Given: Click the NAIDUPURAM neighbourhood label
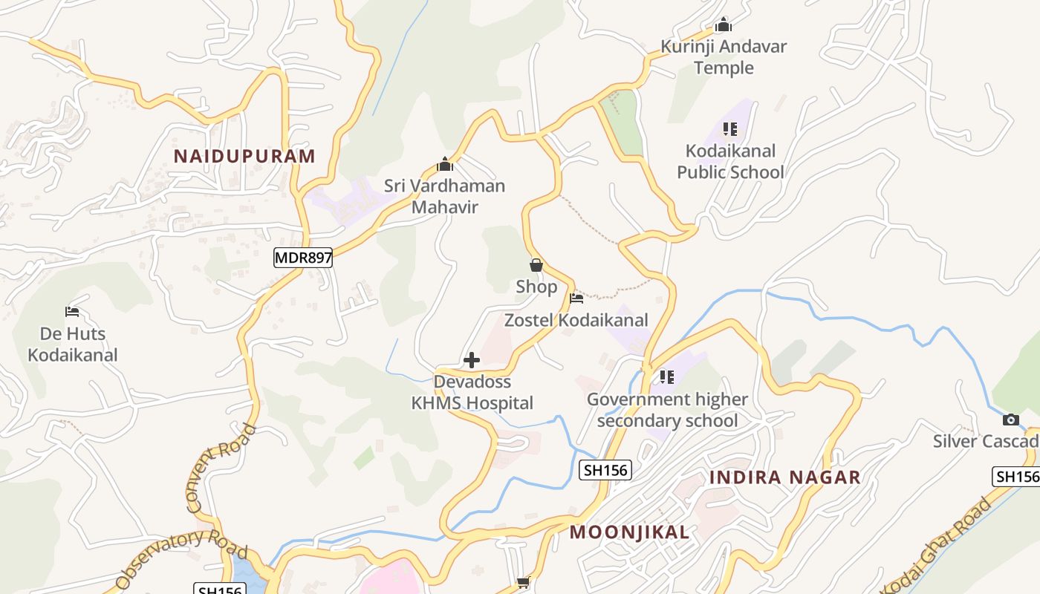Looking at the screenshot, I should coord(244,156).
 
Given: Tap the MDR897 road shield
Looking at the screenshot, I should coord(302,258).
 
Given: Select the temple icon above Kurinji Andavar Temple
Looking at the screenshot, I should coord(724,25).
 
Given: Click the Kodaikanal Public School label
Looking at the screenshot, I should coord(730,162).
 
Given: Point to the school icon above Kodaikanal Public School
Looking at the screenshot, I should coord(730,129).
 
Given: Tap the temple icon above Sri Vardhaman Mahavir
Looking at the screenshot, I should coord(445,164).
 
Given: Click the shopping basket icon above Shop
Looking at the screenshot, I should coord(536,265).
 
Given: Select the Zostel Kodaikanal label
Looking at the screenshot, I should coord(576,320).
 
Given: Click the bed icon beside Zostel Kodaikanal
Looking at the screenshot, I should coord(576,298).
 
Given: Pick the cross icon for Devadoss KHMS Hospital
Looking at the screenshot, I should coord(471,361).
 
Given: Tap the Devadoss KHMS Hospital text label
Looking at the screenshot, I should coord(472,393).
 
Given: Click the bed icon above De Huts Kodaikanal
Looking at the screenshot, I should coord(72,312).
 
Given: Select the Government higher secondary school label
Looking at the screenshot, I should coord(667,410).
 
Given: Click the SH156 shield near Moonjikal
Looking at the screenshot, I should coord(605,469).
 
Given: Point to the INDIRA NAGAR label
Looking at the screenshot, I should coord(784,477).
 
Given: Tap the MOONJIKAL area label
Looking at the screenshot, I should coord(630,532).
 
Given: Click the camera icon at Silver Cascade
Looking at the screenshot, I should coord(1010,420).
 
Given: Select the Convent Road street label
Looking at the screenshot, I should coord(221,469).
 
